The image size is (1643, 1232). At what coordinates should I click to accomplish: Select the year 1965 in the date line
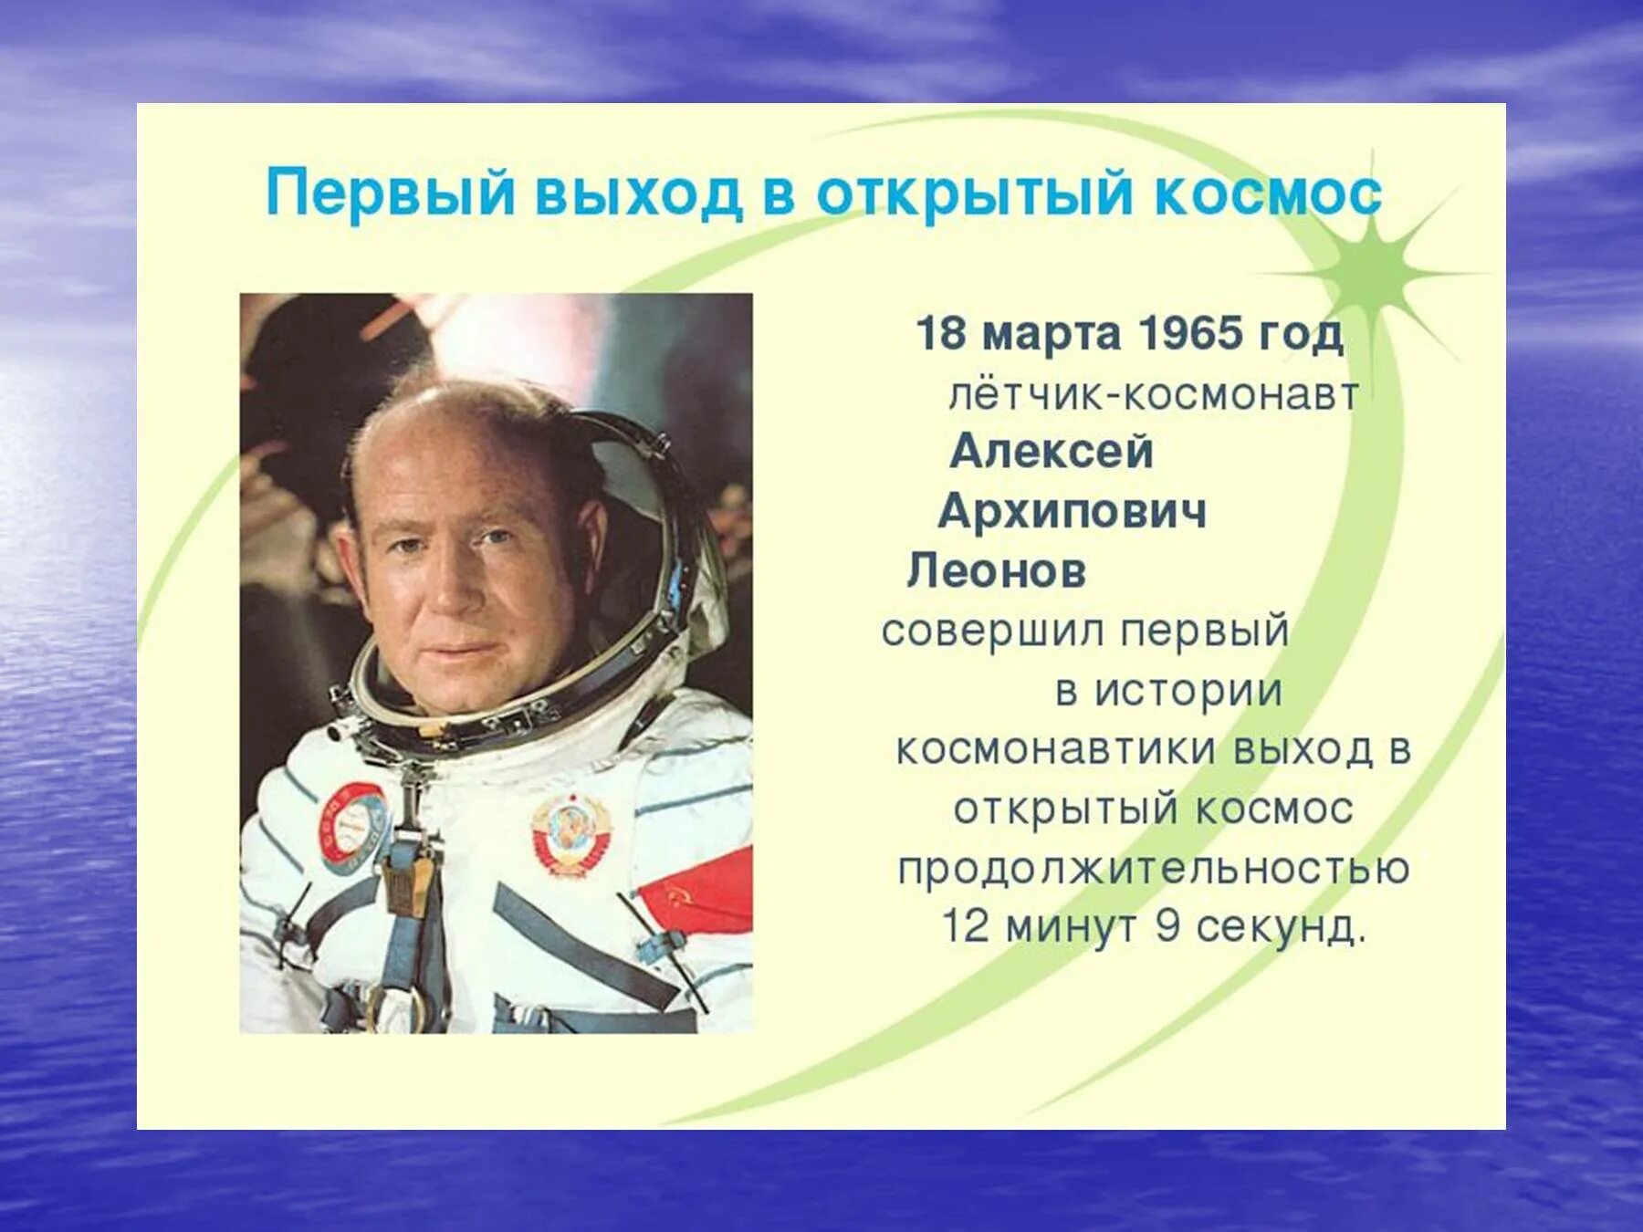(1190, 333)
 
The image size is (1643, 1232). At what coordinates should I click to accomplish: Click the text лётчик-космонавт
(1154, 395)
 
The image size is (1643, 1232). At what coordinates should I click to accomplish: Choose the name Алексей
(1052, 452)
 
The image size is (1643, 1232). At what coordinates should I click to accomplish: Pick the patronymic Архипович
(1072, 511)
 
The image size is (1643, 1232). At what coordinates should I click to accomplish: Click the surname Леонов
(997, 571)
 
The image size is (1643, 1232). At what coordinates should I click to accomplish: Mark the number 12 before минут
(965, 927)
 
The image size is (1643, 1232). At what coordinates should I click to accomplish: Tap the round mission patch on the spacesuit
(352, 820)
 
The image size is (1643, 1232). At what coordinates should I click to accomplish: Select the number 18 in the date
(940, 333)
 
